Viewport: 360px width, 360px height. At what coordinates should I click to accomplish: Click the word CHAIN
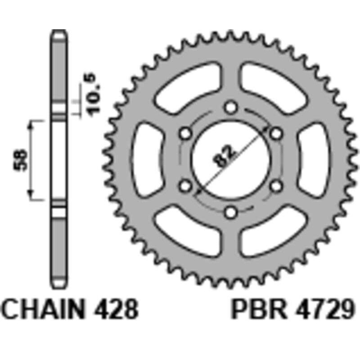(42, 309)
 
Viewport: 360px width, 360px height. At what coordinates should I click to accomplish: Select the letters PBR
(259, 309)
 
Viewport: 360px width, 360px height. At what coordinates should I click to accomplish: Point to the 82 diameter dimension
(223, 155)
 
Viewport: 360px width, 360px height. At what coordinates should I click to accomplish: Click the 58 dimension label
(20, 160)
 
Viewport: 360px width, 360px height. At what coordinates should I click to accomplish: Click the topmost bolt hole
(231, 108)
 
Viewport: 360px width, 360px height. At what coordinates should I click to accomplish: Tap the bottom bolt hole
(230, 212)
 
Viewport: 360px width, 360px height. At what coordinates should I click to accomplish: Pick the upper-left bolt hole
(185, 133)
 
